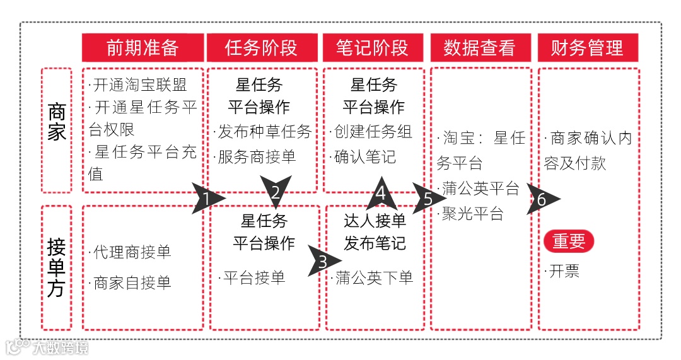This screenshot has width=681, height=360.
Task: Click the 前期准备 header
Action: coord(143,48)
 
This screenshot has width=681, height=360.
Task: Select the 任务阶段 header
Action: coord(261,48)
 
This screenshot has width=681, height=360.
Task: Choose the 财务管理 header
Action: coord(587,48)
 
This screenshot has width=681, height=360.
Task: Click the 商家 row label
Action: coord(57,122)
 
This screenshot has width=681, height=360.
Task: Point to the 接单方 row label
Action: coord(57,267)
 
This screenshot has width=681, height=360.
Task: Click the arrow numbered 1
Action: coord(206,199)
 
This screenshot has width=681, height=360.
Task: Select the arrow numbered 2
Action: coord(276,192)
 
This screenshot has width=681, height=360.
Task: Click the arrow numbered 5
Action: coord(428,199)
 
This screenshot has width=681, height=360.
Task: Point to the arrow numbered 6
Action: coord(542,200)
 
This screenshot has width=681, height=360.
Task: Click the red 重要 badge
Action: coord(569,241)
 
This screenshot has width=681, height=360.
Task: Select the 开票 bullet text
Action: coord(562,272)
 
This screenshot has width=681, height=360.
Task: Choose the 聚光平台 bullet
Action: coord(471,214)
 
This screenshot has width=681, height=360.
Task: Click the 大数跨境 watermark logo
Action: coord(47,347)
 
